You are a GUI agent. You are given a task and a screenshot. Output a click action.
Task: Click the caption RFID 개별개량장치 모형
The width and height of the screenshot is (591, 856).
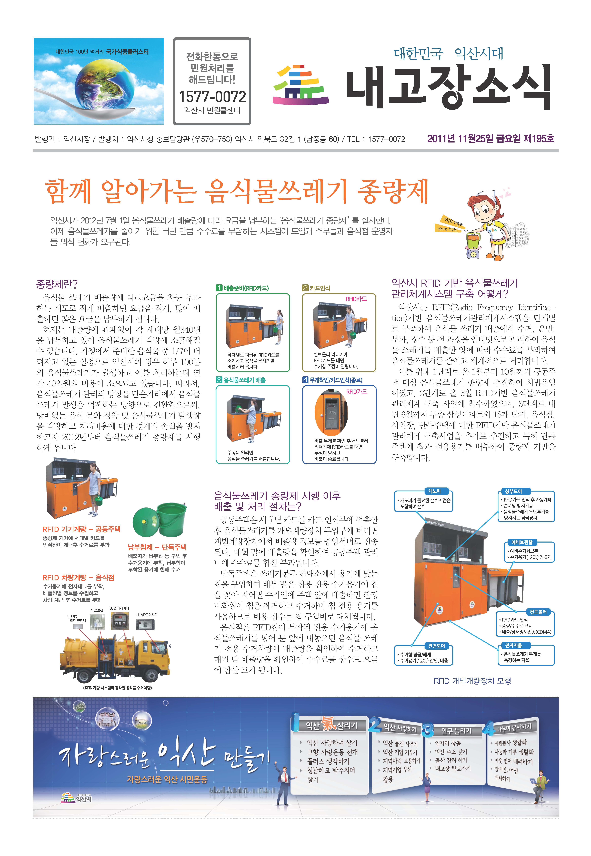click(473, 681)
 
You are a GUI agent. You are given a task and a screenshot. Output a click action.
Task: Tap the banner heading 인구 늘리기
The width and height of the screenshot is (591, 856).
click(456, 730)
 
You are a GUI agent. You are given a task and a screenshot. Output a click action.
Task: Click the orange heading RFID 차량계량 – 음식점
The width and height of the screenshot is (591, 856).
click(78, 578)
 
